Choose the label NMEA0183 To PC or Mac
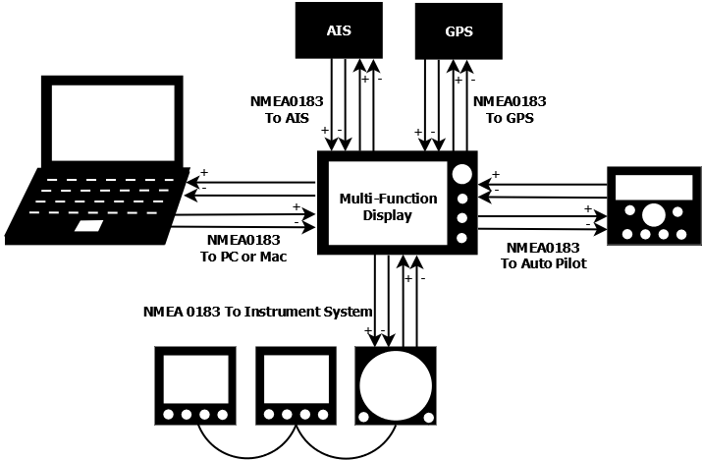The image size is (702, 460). (x=243, y=249)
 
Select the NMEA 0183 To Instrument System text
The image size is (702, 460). (x=258, y=313)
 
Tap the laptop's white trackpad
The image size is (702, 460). (x=89, y=227)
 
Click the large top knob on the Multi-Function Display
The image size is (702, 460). (x=460, y=174)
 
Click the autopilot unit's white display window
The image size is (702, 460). (x=653, y=186)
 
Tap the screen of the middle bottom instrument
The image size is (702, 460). (x=292, y=379)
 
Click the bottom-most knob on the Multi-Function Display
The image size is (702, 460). (x=461, y=238)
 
